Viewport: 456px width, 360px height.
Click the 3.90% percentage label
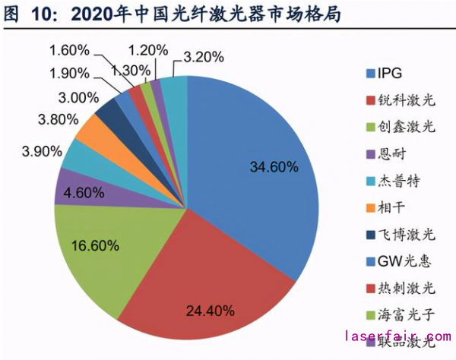coord(43,151)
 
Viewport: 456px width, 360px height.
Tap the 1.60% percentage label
coord(71,51)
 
